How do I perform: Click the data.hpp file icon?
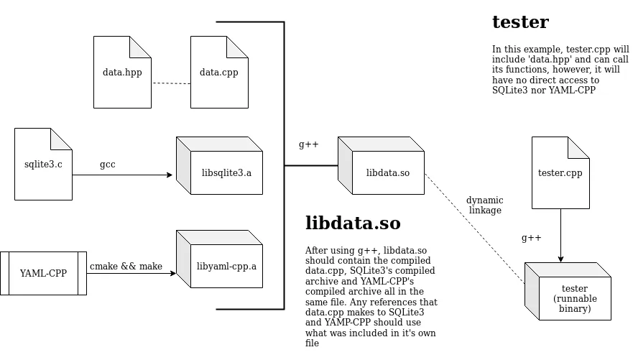[x=122, y=72]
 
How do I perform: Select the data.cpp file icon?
[x=219, y=72]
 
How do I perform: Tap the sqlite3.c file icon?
[x=43, y=165]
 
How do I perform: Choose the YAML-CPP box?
[x=43, y=273]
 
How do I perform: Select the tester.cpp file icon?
[x=560, y=172]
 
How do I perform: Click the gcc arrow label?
[x=108, y=165]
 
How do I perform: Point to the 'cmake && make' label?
[x=126, y=267]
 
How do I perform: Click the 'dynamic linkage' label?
[x=485, y=205]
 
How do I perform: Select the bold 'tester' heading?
[x=520, y=22]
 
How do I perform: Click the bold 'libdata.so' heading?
[x=353, y=223]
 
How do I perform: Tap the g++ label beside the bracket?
[x=309, y=144]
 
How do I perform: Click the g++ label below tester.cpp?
[x=532, y=238]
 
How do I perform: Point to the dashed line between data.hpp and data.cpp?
[x=171, y=83]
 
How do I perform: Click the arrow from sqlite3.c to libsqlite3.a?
[x=122, y=175]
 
